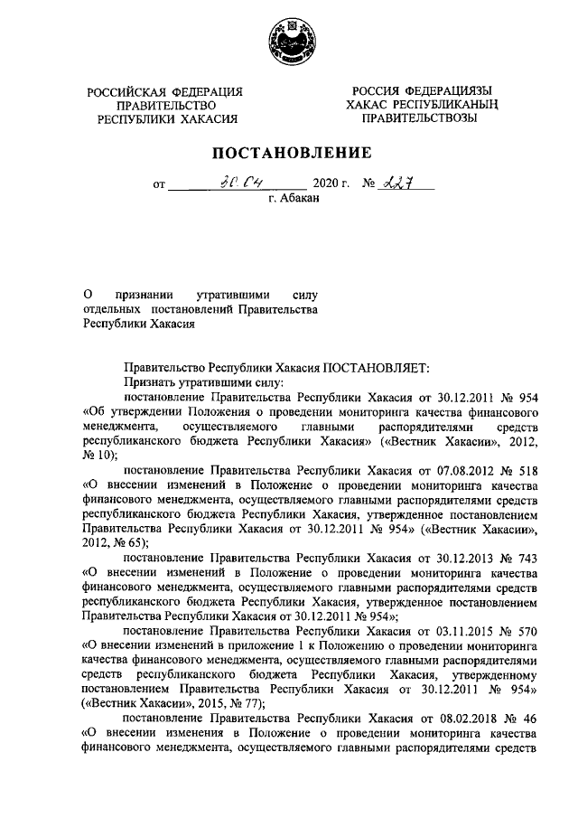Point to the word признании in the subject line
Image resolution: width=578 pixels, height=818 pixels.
pyautogui.click(x=144, y=296)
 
